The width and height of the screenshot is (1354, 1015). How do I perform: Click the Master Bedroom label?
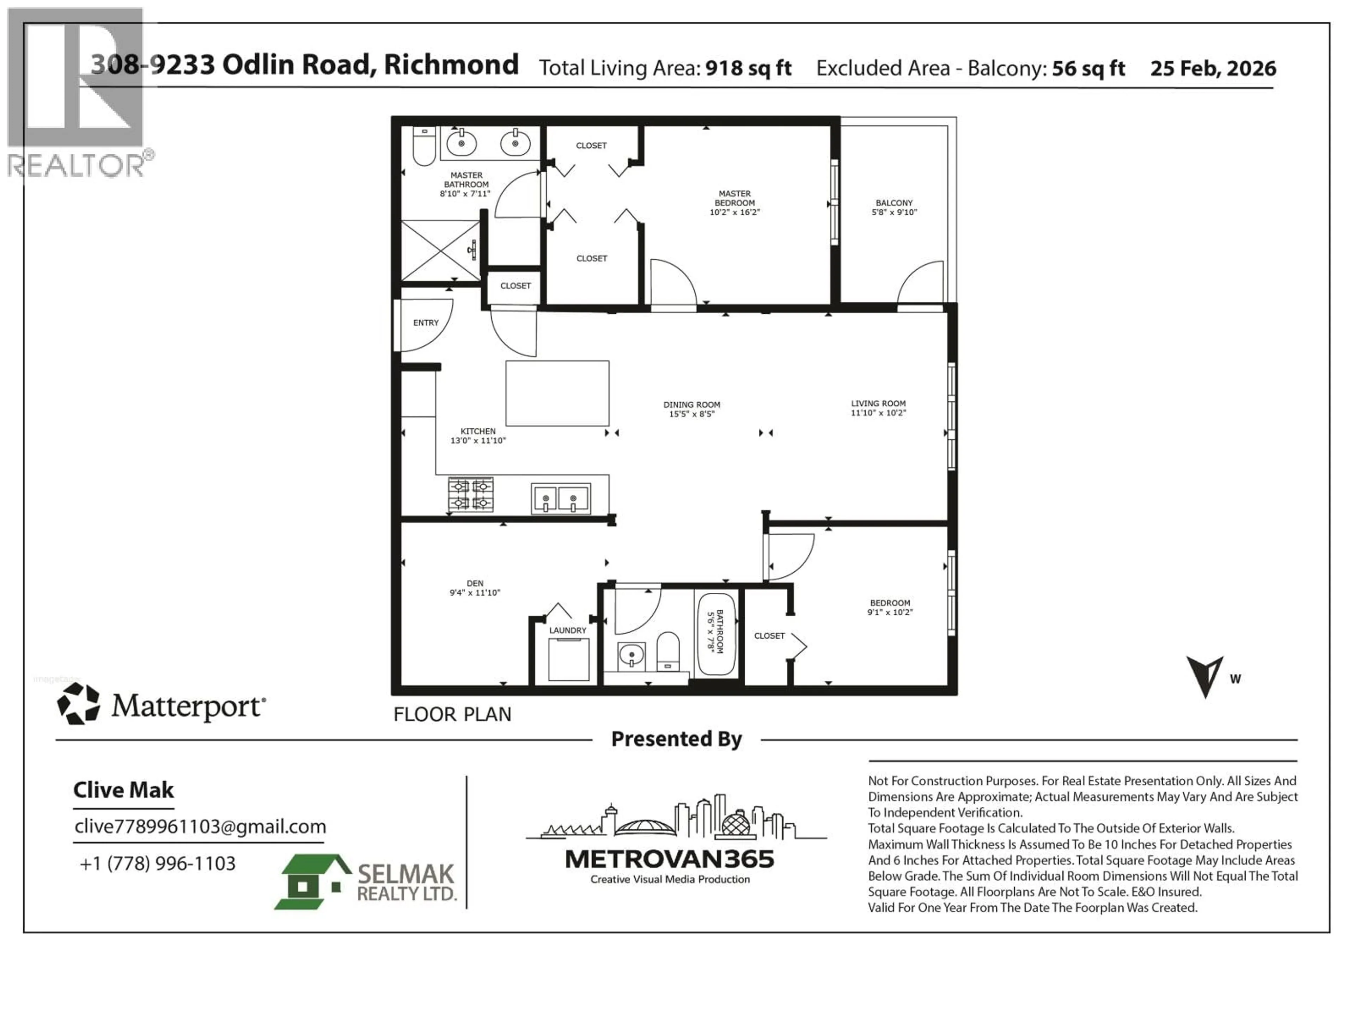coord(734,198)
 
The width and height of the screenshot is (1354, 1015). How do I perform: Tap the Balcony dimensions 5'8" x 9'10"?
coord(894,212)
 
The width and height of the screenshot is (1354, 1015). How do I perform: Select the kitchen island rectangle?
coord(557,393)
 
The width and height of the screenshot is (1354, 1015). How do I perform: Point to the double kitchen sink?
coord(561,499)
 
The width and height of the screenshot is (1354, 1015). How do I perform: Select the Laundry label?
coord(567,630)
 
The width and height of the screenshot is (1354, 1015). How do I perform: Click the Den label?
coord(475,583)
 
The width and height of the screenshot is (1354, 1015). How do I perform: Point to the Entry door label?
coord(426,322)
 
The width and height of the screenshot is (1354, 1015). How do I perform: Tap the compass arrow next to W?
coord(1204,675)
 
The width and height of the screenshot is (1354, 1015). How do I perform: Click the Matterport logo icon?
coord(78,704)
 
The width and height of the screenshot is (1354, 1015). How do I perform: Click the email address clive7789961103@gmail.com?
coord(200,826)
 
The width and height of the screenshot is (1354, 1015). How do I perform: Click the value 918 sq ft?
coord(748,68)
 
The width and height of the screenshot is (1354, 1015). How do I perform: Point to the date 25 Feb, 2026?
coord(1213,68)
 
